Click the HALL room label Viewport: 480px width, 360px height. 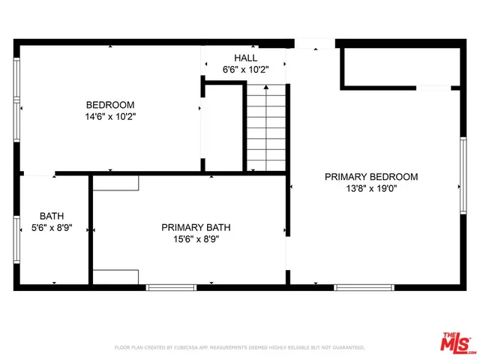tap(245, 58)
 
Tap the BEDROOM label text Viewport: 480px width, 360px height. tap(110, 105)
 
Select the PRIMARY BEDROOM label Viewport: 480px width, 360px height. tap(370, 177)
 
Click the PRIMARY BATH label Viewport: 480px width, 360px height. tap(196, 227)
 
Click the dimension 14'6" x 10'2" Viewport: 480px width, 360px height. tap(110, 117)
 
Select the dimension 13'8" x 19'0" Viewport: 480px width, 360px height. tap(370, 189)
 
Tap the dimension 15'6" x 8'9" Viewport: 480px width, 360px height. tap(196, 239)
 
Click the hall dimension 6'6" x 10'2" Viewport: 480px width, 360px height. tap(245, 70)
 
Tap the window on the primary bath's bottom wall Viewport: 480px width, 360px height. tap(170, 287)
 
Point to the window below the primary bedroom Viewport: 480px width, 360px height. tap(364, 287)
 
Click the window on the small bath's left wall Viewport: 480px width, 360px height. tap(16, 238)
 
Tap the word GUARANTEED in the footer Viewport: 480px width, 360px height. tap(346, 348)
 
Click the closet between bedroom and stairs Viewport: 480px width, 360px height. tap(223, 127)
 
